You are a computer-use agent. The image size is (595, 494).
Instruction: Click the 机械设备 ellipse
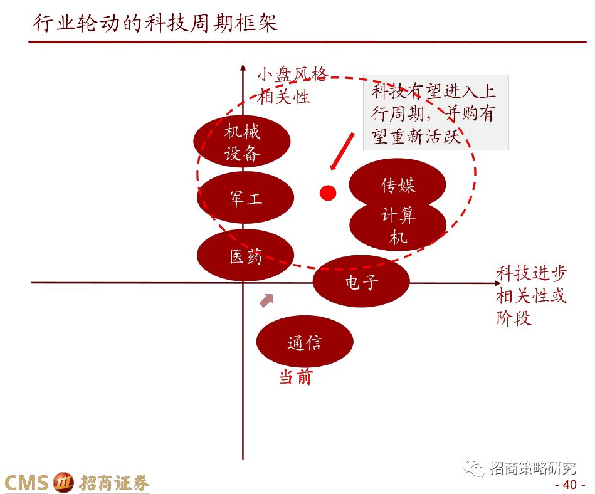coord(242,142)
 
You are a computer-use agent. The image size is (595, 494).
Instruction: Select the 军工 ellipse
coord(245,198)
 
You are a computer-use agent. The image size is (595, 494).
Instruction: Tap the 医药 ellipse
coord(245,255)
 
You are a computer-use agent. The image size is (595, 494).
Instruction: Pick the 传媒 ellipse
coord(397,184)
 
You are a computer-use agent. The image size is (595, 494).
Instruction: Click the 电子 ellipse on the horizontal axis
coord(361,281)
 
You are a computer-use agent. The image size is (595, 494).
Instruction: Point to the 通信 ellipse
coord(305,342)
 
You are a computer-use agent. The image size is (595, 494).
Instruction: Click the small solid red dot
coord(328,193)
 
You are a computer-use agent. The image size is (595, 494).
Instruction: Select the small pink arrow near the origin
coord(267,300)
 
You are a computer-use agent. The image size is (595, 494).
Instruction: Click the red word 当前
coord(295,377)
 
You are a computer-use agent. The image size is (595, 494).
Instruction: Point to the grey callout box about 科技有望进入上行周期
coord(435,113)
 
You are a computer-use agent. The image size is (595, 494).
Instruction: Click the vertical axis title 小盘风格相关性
coord(292,86)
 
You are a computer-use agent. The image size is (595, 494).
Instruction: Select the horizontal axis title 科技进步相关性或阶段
coord(531,295)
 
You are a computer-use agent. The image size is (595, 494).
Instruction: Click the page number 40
coord(569,485)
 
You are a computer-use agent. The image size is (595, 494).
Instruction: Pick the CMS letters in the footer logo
coord(26,483)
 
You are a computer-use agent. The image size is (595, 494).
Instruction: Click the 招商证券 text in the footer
coord(115,483)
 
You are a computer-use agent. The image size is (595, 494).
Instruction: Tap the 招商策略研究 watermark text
coord(532,468)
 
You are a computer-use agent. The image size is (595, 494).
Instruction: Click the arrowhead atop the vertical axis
coord(243,67)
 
